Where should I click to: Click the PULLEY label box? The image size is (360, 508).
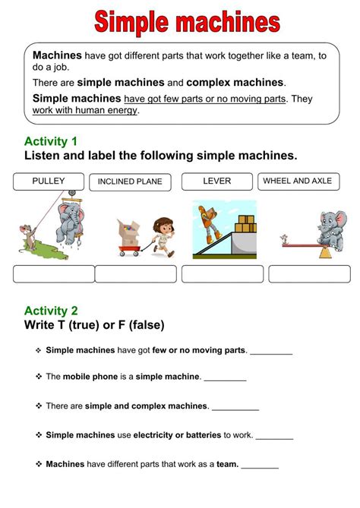click(48, 181)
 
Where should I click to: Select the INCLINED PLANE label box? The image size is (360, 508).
click(129, 182)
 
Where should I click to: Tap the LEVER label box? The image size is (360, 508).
click(216, 181)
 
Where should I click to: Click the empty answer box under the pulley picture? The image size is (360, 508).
click(54, 274)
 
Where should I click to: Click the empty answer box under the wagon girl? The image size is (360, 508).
click(137, 274)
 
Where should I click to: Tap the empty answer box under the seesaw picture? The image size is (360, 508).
click(309, 274)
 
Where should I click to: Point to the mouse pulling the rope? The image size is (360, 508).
click(29, 235)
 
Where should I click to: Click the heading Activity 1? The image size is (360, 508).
click(51, 141)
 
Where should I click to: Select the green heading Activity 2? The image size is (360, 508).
click(51, 311)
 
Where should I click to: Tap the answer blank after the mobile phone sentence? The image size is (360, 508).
click(225, 378)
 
